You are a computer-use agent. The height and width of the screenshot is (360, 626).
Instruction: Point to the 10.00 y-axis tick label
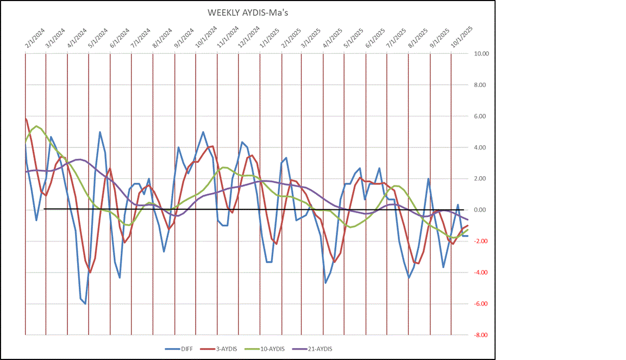coord(482,54)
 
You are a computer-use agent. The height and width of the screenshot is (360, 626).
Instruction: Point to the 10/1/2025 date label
coord(461,38)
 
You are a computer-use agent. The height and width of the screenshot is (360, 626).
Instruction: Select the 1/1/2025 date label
coord(267,38)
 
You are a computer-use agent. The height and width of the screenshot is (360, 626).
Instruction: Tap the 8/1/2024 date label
coord(161,38)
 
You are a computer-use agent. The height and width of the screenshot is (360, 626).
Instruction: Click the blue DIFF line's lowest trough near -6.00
coord(85,303)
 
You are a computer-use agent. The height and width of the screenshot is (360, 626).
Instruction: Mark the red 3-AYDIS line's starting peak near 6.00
coord(26,119)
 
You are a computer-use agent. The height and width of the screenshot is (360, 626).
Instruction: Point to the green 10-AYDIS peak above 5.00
coord(36,126)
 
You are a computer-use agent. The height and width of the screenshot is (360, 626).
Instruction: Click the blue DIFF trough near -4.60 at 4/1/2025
coord(325,283)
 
